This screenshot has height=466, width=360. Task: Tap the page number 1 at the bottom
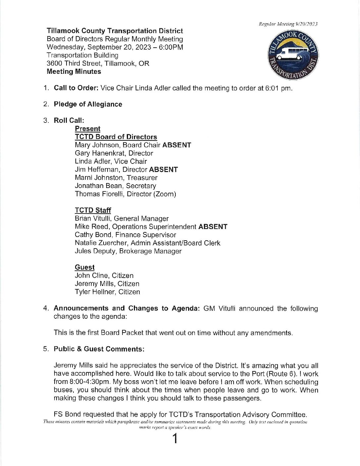[175, 439]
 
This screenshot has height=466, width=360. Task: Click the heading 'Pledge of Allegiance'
[88, 104]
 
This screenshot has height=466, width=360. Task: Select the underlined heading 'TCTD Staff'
[93, 210]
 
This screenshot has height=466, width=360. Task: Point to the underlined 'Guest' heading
[85, 267]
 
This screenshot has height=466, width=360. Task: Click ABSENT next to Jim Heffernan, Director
[163, 169]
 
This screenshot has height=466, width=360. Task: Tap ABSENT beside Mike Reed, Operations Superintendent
[213, 227]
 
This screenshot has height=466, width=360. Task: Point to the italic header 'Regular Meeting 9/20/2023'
[288, 24]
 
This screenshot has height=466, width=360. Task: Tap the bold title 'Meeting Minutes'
[74, 71]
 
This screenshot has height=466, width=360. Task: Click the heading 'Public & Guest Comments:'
[99, 349]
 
